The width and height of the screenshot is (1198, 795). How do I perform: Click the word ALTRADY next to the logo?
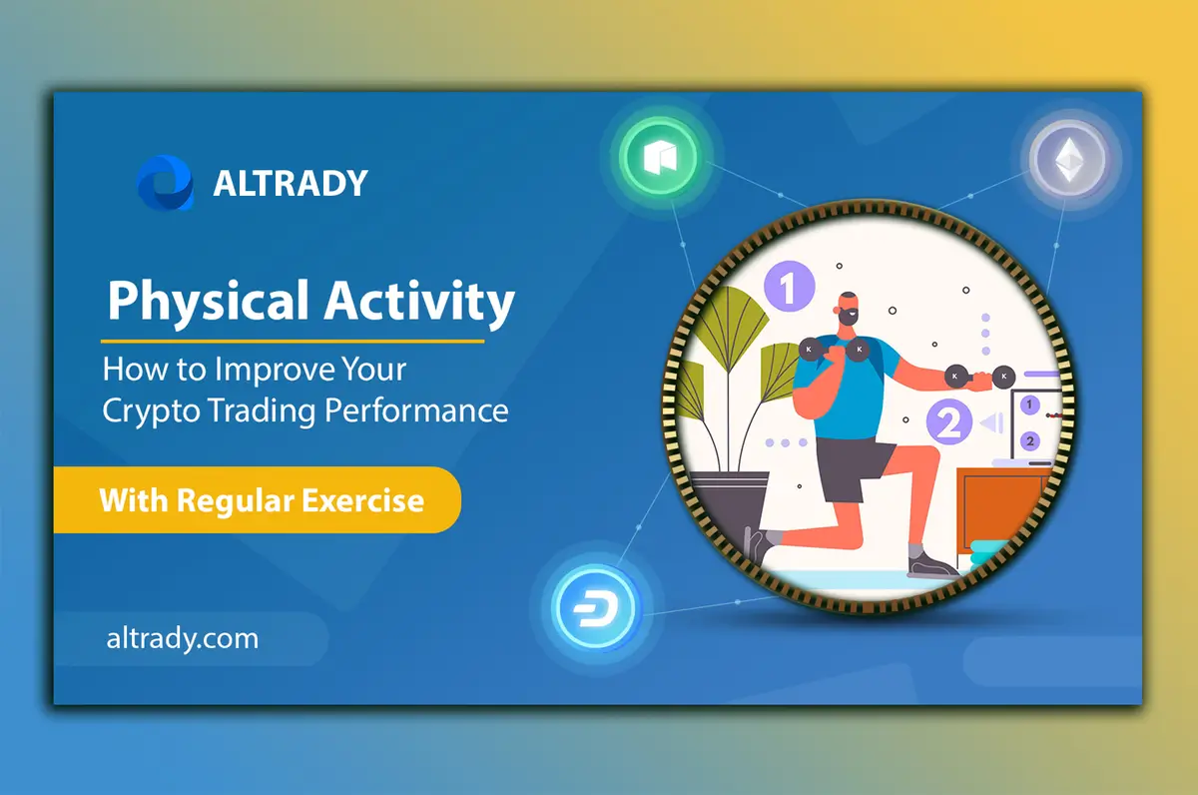pos(291,183)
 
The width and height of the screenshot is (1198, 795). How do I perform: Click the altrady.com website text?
pos(182,638)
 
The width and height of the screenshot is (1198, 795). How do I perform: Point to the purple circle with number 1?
pos(789,290)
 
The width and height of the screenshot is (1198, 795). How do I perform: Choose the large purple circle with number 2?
pos(949,422)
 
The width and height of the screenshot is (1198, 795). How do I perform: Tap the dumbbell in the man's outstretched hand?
pos(976,378)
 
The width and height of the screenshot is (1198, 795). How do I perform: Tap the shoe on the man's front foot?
pos(933,564)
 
